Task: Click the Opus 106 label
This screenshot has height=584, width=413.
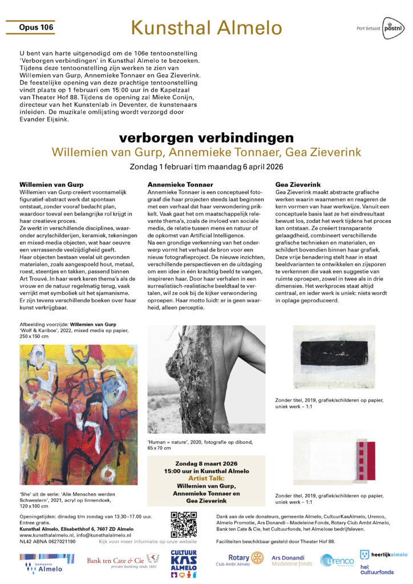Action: (x=36, y=27)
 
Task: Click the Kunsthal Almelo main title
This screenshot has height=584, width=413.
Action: (x=206, y=27)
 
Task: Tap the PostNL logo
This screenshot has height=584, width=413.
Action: (x=392, y=27)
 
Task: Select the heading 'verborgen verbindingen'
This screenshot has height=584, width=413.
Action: (x=206, y=138)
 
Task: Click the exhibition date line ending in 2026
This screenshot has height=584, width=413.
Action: (x=206, y=167)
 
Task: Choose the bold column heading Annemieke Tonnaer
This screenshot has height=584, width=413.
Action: (x=180, y=185)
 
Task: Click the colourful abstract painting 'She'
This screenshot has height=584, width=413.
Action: (x=70, y=414)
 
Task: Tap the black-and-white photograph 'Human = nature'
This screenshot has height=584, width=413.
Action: (x=206, y=380)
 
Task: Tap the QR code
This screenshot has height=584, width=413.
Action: (x=184, y=525)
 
